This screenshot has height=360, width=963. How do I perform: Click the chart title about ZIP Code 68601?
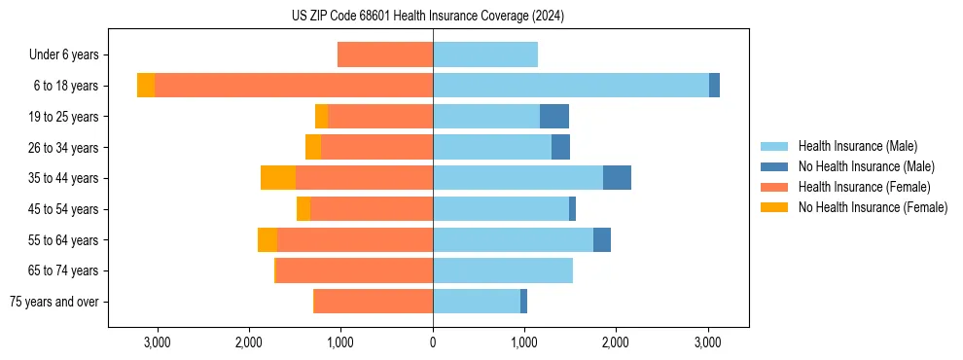click(428, 17)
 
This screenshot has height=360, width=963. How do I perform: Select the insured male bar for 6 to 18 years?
click(571, 86)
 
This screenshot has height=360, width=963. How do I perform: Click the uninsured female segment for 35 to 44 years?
click(278, 178)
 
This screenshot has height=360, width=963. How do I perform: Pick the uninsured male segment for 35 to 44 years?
click(617, 178)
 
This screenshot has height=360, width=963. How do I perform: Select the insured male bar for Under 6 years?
click(485, 54)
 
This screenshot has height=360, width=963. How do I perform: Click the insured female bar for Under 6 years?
click(385, 54)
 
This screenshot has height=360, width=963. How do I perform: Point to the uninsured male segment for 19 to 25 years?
click(554, 117)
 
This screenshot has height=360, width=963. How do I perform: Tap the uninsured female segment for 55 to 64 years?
click(267, 240)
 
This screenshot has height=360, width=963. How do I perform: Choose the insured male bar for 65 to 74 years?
click(503, 270)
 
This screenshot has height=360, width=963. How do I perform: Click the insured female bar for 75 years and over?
click(374, 302)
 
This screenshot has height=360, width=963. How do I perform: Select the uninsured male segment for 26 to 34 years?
click(560, 147)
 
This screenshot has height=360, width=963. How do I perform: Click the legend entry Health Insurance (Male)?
click(857, 146)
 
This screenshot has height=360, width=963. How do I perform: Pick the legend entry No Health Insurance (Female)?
click(873, 207)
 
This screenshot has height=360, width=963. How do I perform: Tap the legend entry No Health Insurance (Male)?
click(866, 166)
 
